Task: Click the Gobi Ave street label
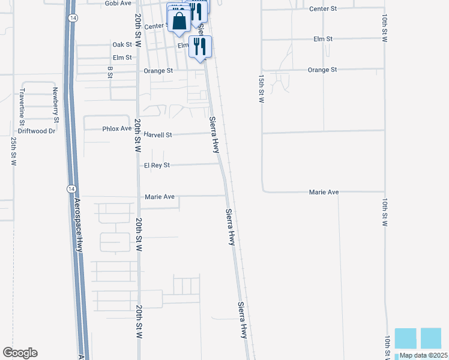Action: click(118, 4)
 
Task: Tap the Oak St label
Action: click(122, 45)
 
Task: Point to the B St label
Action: click(110, 72)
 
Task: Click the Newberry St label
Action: click(55, 104)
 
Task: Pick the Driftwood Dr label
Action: click(36, 130)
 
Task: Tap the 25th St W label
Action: click(13, 151)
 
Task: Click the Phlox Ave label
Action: click(116, 129)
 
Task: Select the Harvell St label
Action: click(158, 135)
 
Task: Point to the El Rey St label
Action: click(157, 166)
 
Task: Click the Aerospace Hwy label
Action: click(78, 223)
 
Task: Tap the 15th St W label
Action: click(261, 89)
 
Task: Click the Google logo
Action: click(20, 353)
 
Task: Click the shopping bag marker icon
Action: click(179, 22)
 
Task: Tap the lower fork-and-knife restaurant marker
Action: click(200, 46)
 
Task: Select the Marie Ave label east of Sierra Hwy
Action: click(324, 193)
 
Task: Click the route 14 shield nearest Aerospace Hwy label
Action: click(71, 188)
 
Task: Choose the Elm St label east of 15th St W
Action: click(323, 39)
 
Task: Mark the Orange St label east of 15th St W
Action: click(322, 70)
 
